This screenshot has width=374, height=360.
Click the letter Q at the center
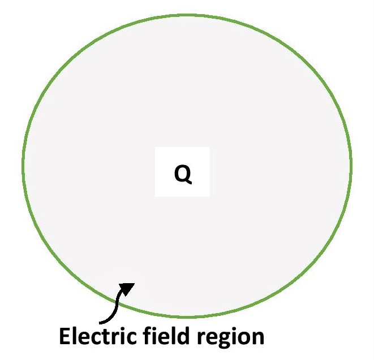183,174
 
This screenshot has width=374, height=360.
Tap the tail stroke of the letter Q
188,182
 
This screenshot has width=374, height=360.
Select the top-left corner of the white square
156,148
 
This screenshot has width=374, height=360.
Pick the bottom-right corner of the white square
209,197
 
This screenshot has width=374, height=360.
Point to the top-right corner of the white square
209,148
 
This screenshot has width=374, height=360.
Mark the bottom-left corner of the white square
156,197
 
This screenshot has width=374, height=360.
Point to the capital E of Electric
65,337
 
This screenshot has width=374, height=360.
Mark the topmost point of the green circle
187,15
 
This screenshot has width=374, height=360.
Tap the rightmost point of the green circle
351,164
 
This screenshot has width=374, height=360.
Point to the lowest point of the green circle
187,316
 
